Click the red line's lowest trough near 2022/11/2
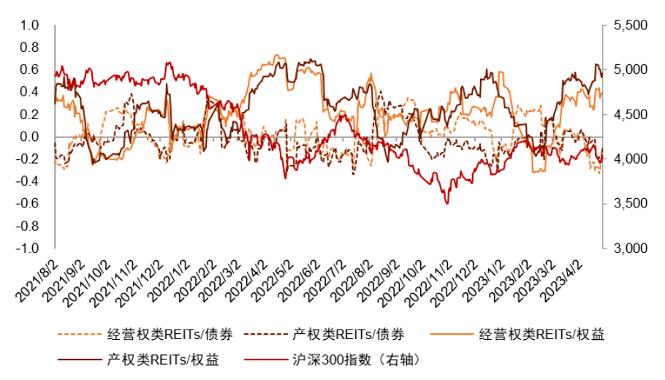446,203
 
